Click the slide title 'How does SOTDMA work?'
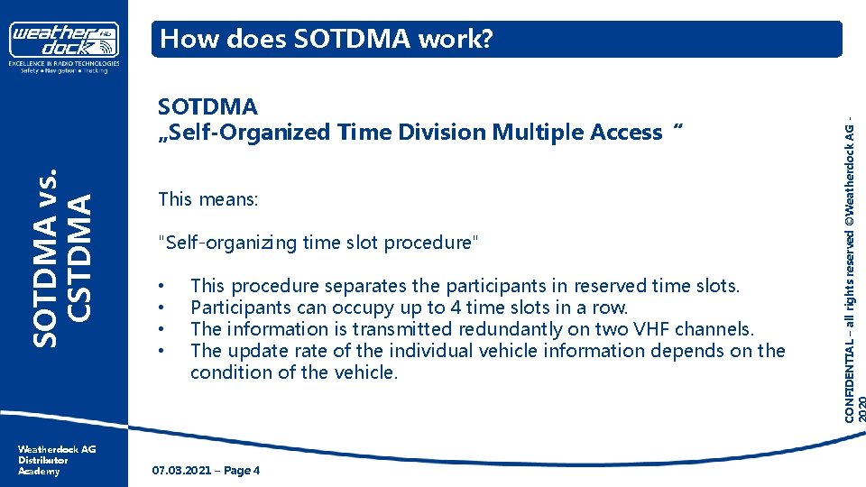point(326,39)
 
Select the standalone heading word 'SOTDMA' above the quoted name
point(207,106)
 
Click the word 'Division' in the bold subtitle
point(442,133)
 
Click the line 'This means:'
point(207,198)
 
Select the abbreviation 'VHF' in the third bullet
point(648,329)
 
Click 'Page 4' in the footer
point(240,471)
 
